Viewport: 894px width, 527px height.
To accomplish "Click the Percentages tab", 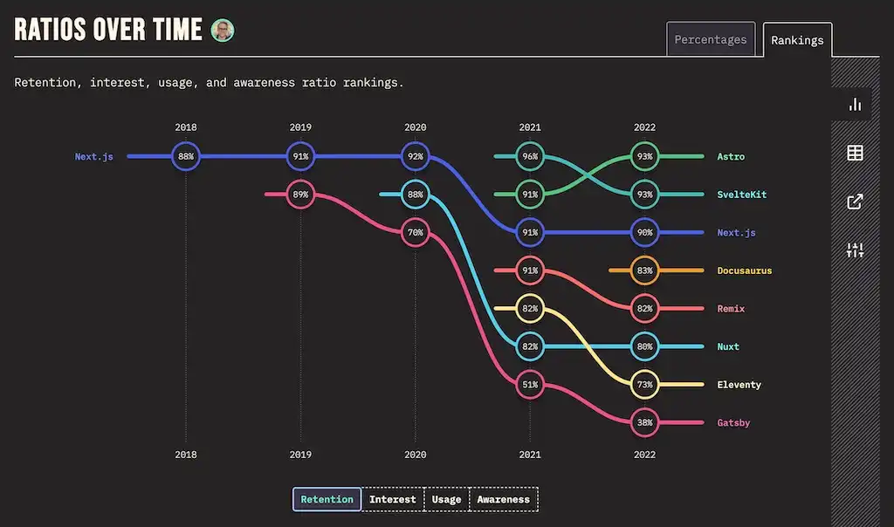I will pyautogui.click(x=711, y=39).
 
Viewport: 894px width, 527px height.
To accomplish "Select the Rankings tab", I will pyautogui.click(x=797, y=40).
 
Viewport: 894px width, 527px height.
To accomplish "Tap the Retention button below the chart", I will pyautogui.click(x=327, y=499).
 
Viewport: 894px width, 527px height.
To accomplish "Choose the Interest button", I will pyautogui.click(x=392, y=499).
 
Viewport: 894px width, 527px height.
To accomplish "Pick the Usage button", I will pyautogui.click(x=446, y=499).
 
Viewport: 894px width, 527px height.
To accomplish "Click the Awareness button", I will pyautogui.click(x=504, y=499).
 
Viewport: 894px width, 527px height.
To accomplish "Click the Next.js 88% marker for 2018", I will pyautogui.click(x=185, y=157).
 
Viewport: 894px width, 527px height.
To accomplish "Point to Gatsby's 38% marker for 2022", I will pyautogui.click(x=644, y=422).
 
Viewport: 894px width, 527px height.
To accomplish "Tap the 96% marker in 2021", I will pyautogui.click(x=530, y=157).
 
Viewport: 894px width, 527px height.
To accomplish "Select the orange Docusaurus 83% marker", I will pyautogui.click(x=644, y=270).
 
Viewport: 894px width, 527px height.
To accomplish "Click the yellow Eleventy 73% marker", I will pyautogui.click(x=644, y=385).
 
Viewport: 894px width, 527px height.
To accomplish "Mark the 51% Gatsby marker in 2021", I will pyautogui.click(x=530, y=385).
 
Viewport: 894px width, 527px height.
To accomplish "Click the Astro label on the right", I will pyautogui.click(x=731, y=157).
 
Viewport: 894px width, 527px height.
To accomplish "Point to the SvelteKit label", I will pyautogui.click(x=741, y=195).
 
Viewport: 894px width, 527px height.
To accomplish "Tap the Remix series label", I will pyautogui.click(x=731, y=309).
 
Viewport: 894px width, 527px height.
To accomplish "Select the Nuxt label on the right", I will pyautogui.click(x=728, y=346).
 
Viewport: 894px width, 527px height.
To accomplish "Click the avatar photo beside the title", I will pyautogui.click(x=223, y=31).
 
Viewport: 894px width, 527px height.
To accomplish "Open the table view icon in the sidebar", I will pyautogui.click(x=855, y=154).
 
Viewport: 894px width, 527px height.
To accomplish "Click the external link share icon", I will pyautogui.click(x=855, y=202).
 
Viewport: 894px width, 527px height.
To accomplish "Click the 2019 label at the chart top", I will pyautogui.click(x=300, y=127).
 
